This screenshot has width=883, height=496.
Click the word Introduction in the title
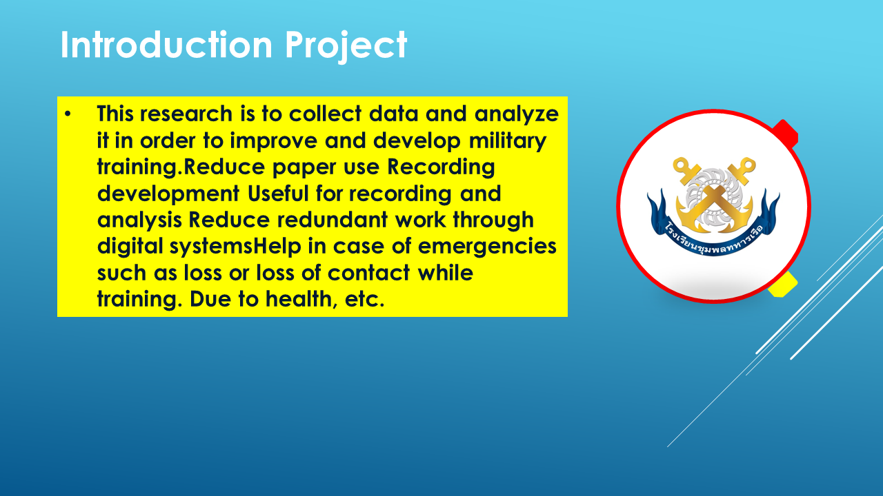coord(166,45)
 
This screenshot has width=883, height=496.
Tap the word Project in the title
coord(346,46)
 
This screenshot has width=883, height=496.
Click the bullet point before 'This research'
coord(68,114)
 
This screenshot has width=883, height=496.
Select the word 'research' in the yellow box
coord(186,114)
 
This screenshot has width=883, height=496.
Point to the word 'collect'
coord(325,114)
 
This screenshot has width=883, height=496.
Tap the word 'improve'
coord(274,141)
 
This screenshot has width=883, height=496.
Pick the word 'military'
coord(508,141)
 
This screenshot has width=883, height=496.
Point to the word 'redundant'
coord(333,220)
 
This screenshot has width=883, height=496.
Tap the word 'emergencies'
coord(487,247)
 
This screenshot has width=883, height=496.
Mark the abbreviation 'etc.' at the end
coord(365,300)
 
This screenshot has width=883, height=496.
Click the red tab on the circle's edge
coord(787,133)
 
